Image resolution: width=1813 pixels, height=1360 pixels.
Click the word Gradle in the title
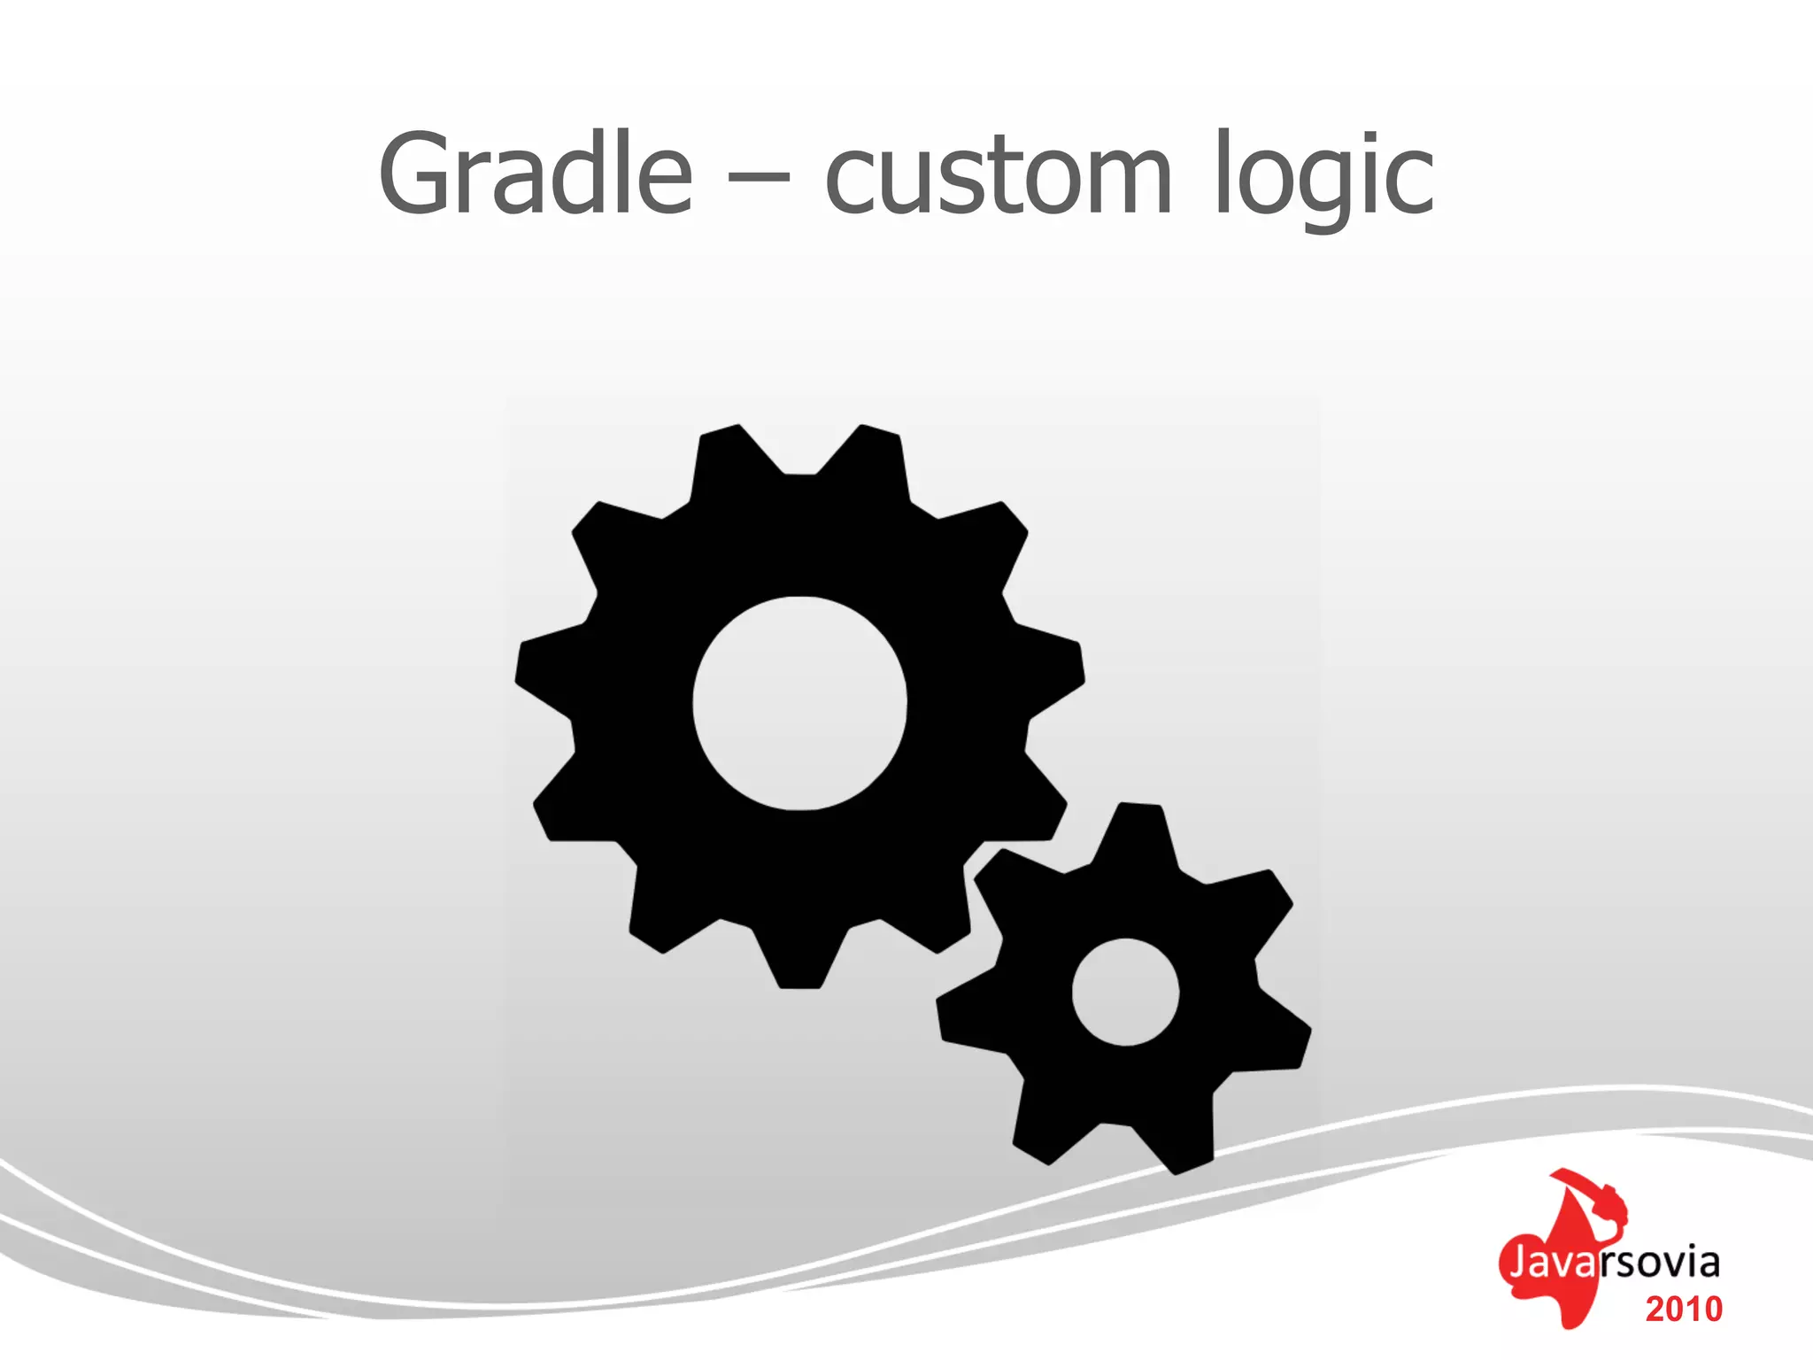point(535,174)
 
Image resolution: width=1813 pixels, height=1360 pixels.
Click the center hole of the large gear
point(799,703)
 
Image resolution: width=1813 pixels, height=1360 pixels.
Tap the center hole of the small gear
point(1125,992)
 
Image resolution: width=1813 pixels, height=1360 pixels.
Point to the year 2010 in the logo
point(1684,1310)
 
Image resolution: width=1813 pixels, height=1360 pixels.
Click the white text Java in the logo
point(1550,1263)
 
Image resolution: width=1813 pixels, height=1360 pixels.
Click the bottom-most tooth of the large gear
point(799,961)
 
